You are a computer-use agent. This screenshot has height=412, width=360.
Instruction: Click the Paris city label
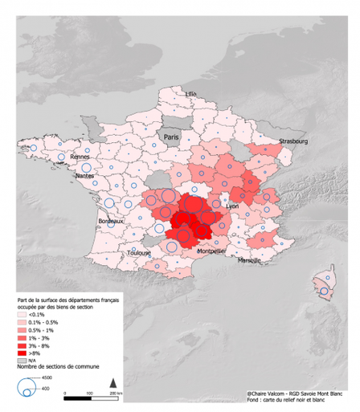point(170,137)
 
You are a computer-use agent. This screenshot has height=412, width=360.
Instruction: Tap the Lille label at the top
point(190,94)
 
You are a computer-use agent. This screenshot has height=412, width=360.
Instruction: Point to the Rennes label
point(80,157)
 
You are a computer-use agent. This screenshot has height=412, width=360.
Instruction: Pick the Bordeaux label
point(110,221)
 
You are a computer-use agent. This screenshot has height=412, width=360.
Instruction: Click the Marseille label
point(250,261)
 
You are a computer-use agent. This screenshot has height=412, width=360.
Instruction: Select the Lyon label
point(233,206)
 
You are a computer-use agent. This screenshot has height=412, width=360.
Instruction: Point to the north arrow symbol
point(114,381)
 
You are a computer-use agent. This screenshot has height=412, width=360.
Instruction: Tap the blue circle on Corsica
point(323,292)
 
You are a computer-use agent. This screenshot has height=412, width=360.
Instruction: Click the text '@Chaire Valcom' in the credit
point(269,394)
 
